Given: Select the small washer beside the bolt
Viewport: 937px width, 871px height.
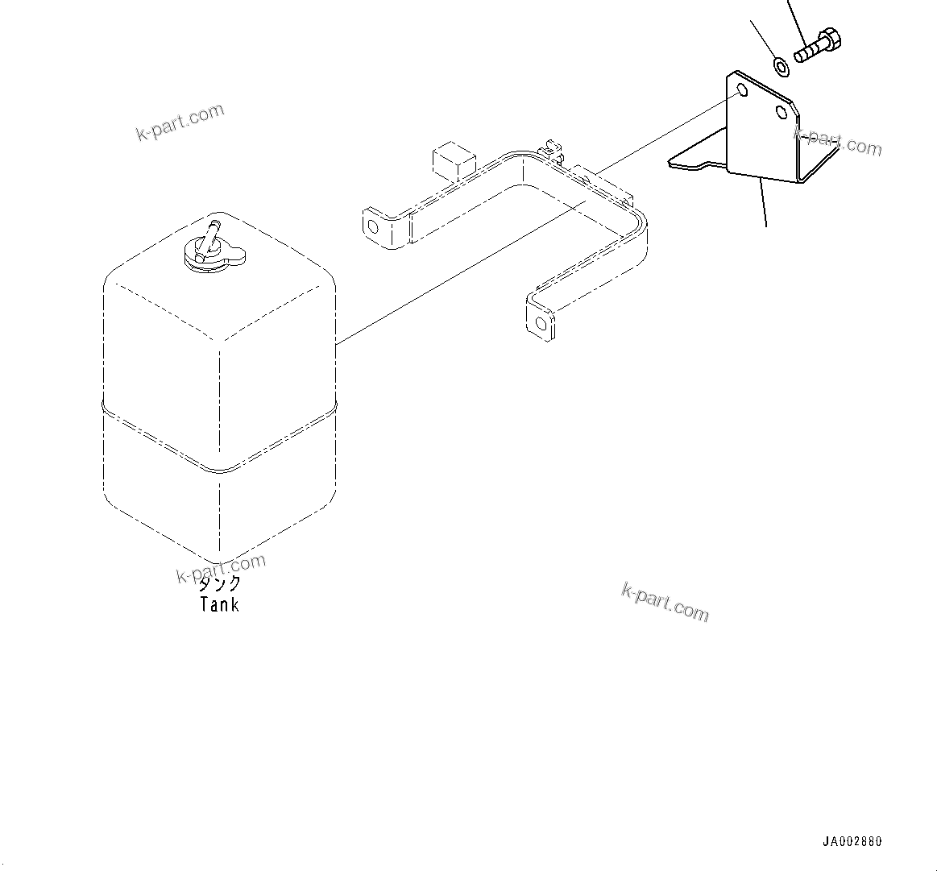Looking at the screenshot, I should coord(781,66).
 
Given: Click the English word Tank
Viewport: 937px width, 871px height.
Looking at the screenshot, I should coord(219,604).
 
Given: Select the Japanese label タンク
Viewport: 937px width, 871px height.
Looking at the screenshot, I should coord(219,583).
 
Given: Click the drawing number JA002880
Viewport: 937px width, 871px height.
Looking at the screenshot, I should coord(852,842).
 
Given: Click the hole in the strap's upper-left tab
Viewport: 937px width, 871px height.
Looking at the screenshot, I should coord(372,225).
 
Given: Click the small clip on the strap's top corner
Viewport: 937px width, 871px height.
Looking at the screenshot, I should coord(551,148).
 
